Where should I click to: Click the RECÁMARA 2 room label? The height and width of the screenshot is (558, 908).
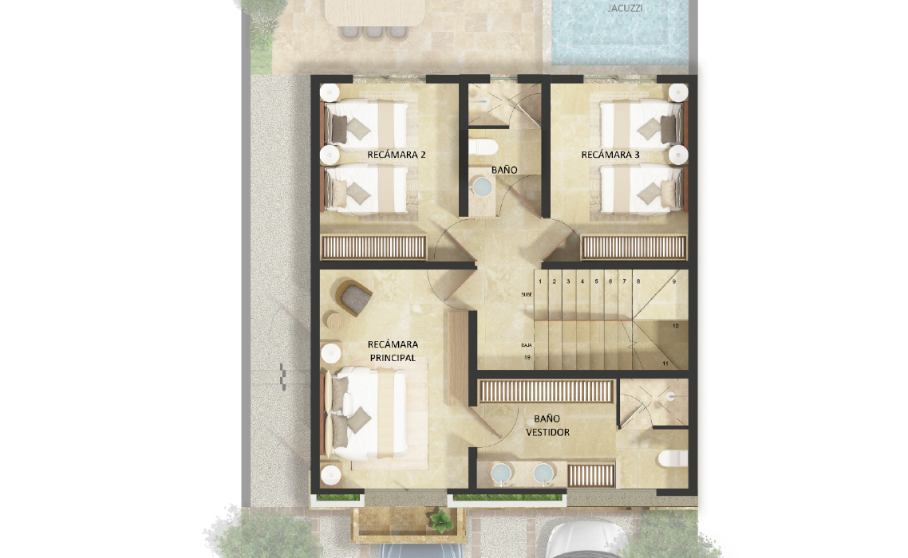(x=396, y=155)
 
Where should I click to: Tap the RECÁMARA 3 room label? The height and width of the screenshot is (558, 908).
(x=610, y=155)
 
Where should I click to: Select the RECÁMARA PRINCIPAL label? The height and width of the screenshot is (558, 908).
(x=393, y=351)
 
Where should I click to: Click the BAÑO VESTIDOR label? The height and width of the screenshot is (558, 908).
(x=547, y=425)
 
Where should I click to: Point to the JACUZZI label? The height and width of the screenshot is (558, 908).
(x=625, y=8)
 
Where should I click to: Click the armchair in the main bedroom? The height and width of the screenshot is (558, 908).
(x=353, y=297)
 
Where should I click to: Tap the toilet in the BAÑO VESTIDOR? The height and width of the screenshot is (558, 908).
(x=673, y=458)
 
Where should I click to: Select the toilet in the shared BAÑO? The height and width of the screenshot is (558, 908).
(x=483, y=147)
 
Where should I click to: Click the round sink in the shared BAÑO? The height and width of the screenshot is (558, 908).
(x=482, y=186)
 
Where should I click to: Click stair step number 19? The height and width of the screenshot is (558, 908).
(x=527, y=358)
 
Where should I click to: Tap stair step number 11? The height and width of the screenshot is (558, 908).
(x=665, y=363)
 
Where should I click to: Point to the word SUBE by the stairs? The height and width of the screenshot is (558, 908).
(x=527, y=295)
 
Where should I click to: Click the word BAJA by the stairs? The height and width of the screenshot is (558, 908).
(x=527, y=345)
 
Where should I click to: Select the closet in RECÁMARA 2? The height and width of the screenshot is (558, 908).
(x=373, y=247)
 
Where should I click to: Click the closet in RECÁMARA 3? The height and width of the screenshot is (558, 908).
(x=634, y=247)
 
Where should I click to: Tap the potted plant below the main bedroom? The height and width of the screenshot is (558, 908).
(x=441, y=521)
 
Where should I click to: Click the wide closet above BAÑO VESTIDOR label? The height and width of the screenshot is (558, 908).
(x=546, y=391)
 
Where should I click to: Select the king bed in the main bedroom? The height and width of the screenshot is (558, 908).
(x=366, y=413)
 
